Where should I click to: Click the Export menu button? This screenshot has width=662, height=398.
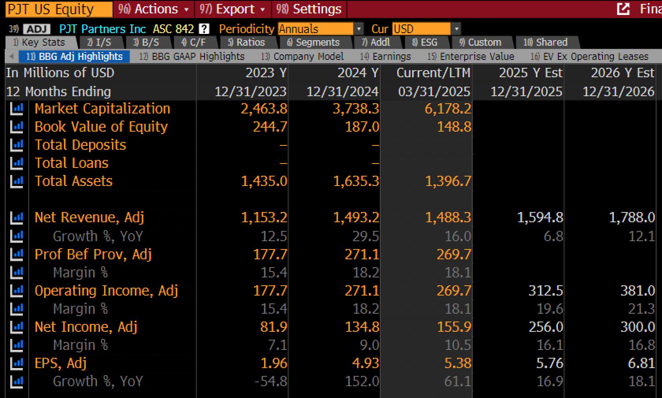[232, 9]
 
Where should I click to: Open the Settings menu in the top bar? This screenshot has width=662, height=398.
[309, 9]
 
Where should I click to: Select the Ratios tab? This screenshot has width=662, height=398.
[247, 42]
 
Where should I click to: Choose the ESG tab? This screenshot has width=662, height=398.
[425, 42]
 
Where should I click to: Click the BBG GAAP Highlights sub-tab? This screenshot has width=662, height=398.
[192, 56]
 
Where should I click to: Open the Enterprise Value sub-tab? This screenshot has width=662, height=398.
[471, 56]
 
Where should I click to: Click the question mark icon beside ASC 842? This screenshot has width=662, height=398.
[204, 29]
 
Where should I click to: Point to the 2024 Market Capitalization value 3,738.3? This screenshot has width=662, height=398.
[356, 109]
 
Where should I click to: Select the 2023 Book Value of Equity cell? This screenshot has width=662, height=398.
[270, 127]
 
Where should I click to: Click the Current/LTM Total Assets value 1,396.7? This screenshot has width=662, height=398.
[448, 181]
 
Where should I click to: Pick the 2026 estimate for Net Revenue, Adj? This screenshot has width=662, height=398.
[632, 218]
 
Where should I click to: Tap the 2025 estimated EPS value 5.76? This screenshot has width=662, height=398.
[550, 363]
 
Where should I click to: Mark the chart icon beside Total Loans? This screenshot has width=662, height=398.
[17, 163]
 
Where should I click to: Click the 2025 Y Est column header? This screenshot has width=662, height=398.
[531, 73]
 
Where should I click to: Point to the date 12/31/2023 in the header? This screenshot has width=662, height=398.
[251, 91]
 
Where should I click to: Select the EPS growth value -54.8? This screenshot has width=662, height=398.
[271, 381]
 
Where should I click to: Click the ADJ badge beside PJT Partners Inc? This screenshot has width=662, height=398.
[37, 29]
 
